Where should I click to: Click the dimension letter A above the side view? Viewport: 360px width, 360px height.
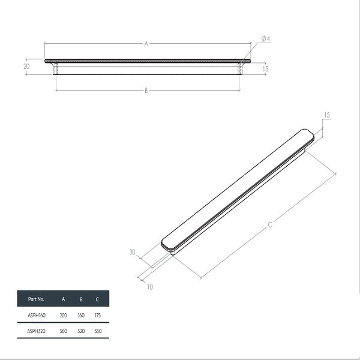(146, 44)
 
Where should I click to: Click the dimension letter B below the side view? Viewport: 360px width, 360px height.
(146, 91)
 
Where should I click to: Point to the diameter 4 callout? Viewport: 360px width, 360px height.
(266, 39)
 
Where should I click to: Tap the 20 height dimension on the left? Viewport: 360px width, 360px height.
(26, 67)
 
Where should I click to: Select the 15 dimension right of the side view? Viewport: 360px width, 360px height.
(265, 68)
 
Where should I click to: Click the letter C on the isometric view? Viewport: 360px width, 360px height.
(270, 224)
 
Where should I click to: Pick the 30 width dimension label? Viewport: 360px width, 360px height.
(132, 252)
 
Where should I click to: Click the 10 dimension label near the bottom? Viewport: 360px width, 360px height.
(150, 287)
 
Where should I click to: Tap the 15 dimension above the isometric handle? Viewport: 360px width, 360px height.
(327, 115)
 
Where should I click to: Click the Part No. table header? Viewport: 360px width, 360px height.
(36, 299)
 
